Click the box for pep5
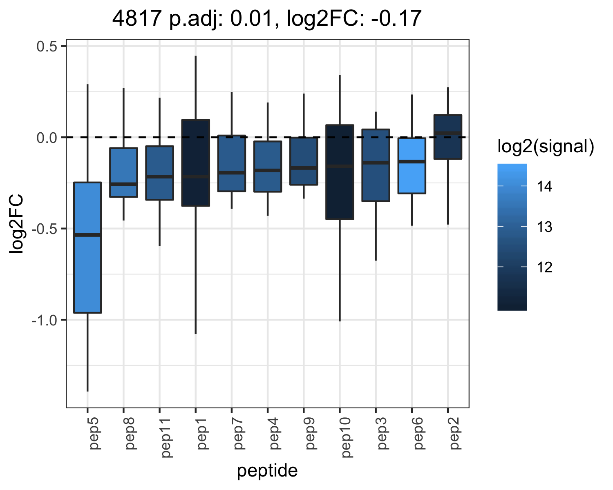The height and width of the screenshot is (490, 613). (x=87, y=247)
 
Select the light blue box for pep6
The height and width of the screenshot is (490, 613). (x=412, y=165)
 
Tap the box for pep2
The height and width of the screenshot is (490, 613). (x=448, y=137)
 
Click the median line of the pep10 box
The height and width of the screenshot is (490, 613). (x=340, y=166)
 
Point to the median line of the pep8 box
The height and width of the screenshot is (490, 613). (x=124, y=184)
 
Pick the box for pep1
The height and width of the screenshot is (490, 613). (x=196, y=163)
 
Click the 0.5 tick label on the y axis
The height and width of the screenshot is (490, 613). (x=47, y=47)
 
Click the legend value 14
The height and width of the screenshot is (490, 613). (x=544, y=187)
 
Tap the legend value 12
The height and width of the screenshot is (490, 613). (x=544, y=267)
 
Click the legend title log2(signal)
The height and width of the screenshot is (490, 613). (x=546, y=146)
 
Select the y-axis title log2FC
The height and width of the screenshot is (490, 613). (x=16, y=223)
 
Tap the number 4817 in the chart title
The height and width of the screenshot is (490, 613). (x=137, y=18)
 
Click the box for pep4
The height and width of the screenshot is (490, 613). (x=268, y=167)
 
